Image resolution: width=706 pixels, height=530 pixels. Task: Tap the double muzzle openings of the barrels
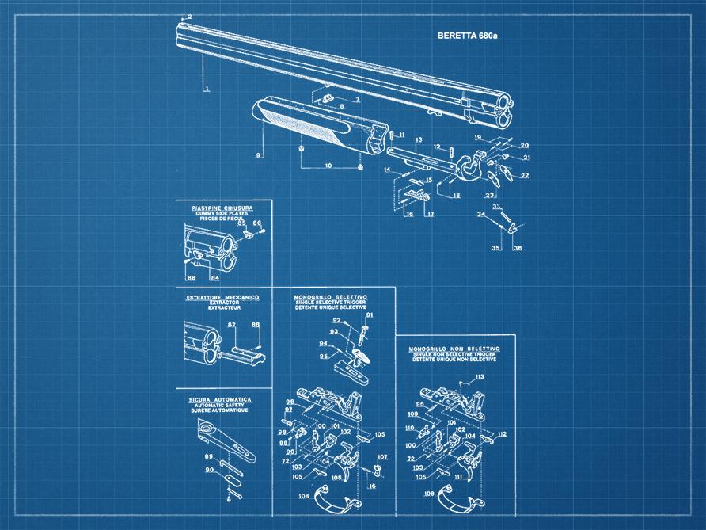point(504,109)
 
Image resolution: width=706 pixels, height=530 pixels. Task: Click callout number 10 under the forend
point(328,166)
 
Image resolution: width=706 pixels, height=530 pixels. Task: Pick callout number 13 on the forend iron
point(418,139)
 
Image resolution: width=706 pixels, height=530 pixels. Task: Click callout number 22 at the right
point(524,175)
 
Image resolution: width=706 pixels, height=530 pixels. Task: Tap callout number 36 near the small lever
point(517,248)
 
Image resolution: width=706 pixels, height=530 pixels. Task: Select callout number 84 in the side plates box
point(214,278)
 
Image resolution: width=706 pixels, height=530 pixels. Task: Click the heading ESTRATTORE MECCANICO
point(222,297)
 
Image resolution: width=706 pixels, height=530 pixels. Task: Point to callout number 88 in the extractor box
point(255,325)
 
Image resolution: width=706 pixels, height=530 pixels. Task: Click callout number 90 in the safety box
point(211,470)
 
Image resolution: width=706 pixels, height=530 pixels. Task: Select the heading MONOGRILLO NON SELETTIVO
point(454,349)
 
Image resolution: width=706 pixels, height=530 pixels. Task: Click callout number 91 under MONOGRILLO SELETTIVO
point(369,315)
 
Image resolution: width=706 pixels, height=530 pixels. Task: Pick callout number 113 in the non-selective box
point(479,378)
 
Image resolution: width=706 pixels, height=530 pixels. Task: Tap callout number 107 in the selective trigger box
point(382,458)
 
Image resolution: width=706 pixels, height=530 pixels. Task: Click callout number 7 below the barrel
point(356,101)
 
